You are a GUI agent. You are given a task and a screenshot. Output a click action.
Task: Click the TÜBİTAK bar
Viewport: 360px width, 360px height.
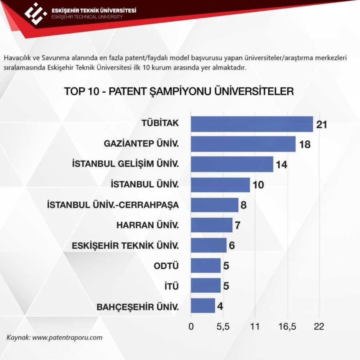[252, 124]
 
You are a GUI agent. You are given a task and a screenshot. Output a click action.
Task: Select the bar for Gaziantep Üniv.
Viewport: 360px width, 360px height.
[243, 144]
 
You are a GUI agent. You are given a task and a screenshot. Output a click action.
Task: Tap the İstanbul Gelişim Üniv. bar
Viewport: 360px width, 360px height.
[232, 164]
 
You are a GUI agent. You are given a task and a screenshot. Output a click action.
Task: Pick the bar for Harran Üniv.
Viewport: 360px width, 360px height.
[211, 225]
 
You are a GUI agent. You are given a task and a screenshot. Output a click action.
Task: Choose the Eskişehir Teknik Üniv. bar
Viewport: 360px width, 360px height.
[208, 245]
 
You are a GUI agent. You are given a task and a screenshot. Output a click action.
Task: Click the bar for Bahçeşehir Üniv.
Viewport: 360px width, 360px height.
[203, 306]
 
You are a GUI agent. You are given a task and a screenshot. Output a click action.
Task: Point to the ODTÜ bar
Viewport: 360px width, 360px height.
[206, 266]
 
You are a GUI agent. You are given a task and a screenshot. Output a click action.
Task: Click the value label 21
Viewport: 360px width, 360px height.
[322, 124]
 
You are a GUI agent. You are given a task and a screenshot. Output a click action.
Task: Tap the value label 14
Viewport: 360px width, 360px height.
[282, 165]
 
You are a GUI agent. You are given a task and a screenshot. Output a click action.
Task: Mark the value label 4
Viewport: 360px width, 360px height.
[220, 306]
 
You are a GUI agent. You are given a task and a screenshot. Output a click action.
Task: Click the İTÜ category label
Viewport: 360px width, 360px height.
[171, 286]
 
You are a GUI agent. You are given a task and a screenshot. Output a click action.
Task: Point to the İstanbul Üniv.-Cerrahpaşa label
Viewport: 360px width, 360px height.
[113, 205]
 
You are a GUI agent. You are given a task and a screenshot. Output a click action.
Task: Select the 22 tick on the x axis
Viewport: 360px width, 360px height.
[319, 327]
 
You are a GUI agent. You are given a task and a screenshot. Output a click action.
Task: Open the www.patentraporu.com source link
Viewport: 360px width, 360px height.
[67, 337]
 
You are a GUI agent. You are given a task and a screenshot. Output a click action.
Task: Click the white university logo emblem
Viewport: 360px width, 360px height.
[36, 12]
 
